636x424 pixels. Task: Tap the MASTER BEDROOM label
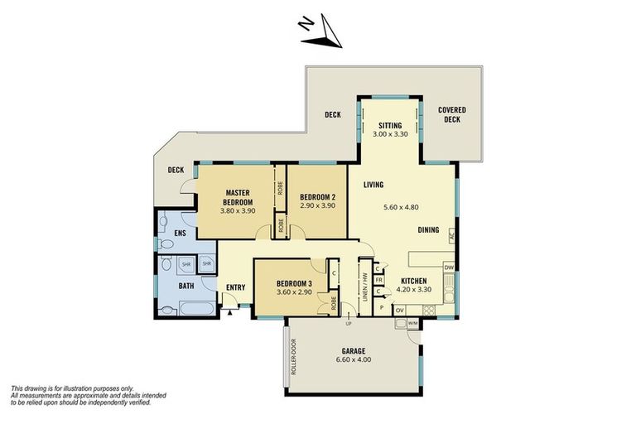[238, 197]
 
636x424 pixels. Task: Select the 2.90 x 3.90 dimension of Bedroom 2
[318, 205]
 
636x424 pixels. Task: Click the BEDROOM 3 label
[294, 283]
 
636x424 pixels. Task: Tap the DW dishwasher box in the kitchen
[449, 267]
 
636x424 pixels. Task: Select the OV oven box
[399, 311]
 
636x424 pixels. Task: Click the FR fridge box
[378, 281]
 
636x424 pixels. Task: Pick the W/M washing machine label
[412, 323]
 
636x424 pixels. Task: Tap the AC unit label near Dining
[452, 236]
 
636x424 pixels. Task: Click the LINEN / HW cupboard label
[364, 287]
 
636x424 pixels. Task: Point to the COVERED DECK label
[452, 114]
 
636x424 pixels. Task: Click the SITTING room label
[390, 126]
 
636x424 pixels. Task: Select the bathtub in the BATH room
[196, 308]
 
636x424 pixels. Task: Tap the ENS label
[180, 234]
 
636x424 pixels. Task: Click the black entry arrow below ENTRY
[230, 312]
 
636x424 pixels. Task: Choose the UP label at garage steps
[348, 324]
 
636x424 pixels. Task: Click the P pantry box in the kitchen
[381, 307]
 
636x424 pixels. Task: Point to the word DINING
[428, 229]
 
